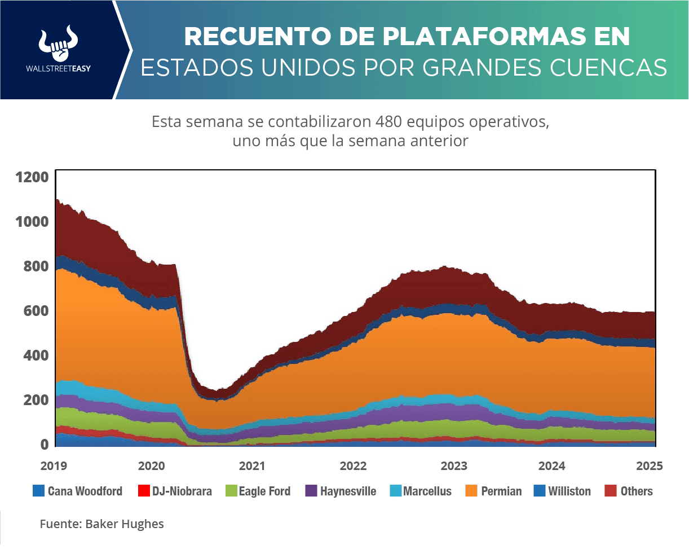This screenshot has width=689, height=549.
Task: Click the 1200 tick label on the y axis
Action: [32, 177]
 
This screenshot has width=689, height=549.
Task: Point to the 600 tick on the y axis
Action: [36, 311]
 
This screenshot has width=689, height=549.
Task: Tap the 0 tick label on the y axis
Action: [44, 445]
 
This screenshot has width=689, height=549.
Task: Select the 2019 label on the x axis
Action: [54, 467]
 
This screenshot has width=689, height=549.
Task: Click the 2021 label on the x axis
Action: [251, 467]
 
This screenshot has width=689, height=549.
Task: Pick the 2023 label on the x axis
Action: [454, 467]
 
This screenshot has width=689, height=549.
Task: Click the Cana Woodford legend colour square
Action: [38, 491]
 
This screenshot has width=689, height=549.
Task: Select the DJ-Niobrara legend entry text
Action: [182, 491]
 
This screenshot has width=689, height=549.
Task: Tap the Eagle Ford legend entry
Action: [264, 491]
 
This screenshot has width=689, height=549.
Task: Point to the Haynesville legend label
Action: [348, 491]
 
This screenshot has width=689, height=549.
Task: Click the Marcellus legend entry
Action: [427, 491]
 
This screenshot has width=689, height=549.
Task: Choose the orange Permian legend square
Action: [471, 491]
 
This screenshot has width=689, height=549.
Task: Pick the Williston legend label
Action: [569, 491]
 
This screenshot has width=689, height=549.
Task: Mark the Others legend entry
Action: [637, 491]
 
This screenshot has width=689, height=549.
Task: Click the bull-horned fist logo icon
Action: [59, 43]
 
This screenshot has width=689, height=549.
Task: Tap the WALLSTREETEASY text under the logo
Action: [59, 68]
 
